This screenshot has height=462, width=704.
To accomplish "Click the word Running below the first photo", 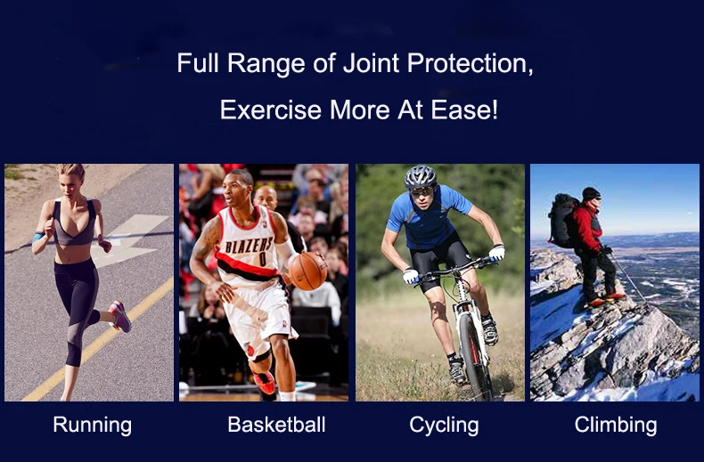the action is (93, 425).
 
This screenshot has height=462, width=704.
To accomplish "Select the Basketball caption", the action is (276, 425).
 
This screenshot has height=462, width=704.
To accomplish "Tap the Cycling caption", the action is (444, 426).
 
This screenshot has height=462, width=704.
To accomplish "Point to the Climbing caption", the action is (616, 425).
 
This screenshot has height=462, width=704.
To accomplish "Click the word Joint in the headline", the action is (372, 63).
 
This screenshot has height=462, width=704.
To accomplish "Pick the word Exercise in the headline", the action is (271, 109).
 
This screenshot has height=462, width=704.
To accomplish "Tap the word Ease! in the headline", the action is (464, 109).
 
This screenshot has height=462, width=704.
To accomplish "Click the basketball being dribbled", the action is (307, 271).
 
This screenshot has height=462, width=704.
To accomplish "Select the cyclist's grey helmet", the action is (421, 177).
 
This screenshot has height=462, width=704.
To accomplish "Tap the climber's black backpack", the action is (561, 220).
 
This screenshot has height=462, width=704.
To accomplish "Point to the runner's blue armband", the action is (38, 237).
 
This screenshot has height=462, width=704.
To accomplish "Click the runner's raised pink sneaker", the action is (120, 316).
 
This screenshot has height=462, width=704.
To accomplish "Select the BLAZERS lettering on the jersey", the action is (249, 246).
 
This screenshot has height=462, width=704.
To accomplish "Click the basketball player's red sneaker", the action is (265, 382).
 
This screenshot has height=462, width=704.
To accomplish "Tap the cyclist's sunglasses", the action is (422, 192).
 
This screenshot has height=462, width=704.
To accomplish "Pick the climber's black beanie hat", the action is (591, 193).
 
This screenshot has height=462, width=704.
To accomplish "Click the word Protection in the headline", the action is (471, 63).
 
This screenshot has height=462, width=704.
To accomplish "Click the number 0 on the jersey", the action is (263, 259).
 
